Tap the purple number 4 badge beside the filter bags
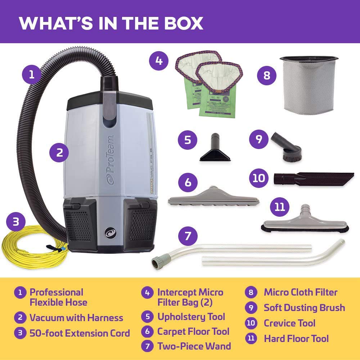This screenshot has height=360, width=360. click(x=159, y=61)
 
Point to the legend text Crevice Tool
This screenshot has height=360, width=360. click(x=289, y=323)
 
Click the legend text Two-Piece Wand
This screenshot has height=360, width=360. click(x=194, y=346)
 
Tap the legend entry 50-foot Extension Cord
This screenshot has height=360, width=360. click(x=80, y=333)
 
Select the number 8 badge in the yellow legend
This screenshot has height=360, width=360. click(x=251, y=292)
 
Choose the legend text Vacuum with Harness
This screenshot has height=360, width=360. click(x=76, y=318)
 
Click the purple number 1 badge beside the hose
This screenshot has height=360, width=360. click(x=32, y=75)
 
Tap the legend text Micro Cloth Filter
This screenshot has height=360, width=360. click(x=301, y=292)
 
